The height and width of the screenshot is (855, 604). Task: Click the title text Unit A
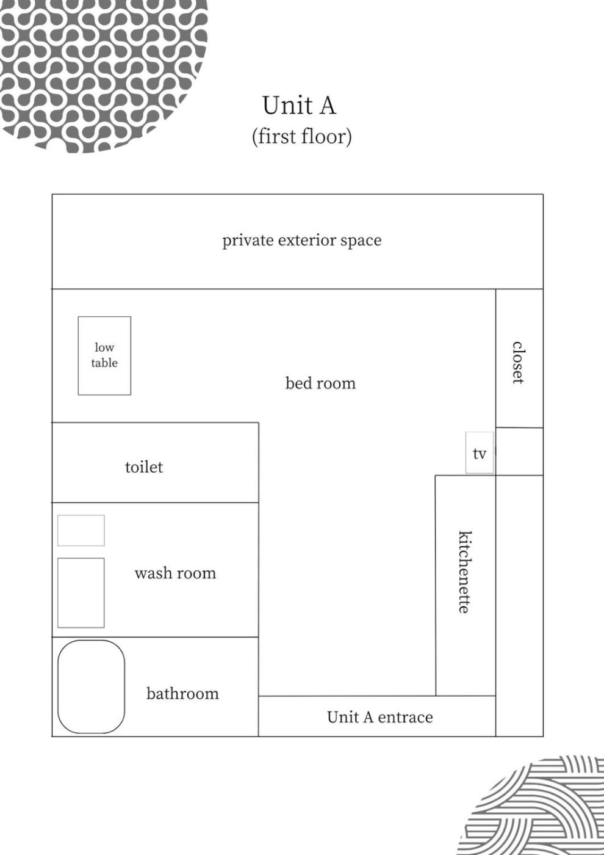coord(299,105)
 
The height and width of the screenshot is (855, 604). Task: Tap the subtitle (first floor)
coord(301,136)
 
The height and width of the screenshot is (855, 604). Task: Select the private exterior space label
coord(301,241)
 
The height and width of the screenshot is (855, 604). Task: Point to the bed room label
coord(320,384)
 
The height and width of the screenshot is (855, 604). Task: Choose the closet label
coord(517,362)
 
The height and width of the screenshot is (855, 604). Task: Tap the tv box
coord(480,453)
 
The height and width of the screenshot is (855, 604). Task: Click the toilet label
coord(144,467)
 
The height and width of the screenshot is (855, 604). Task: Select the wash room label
coord(176,573)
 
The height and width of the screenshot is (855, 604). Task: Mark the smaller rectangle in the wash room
coord(81,530)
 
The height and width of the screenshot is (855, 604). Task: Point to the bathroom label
coord(182,694)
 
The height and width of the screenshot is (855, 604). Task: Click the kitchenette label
coord(465,572)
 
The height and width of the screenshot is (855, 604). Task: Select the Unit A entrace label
coord(379,717)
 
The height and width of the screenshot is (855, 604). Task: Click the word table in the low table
coord(104,363)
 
